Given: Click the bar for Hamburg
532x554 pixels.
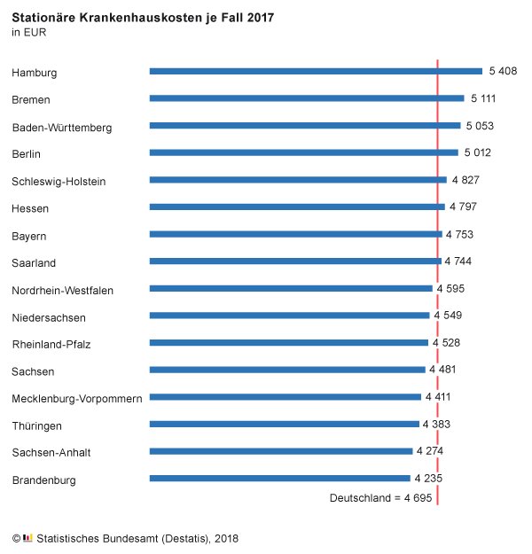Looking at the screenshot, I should coord(316,71).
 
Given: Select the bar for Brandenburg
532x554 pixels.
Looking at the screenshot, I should coord(280,479).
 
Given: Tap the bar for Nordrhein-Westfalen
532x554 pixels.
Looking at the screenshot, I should coord(291,288).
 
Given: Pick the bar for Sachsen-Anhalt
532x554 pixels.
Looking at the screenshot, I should coord(281,451).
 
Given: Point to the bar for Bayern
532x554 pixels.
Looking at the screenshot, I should coord(295,234).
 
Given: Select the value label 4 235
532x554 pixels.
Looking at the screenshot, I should coord(428,479).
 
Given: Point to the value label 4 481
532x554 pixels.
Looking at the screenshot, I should coord(443,370).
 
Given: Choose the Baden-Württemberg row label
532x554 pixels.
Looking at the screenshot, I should coord(62,128).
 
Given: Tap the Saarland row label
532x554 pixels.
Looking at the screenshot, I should coord(34,263).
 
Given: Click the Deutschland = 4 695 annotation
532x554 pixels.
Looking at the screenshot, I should coord(380,499).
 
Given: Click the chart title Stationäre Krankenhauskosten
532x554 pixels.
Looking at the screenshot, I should coord(143,17).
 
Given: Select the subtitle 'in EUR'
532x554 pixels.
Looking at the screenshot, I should coord(29,33).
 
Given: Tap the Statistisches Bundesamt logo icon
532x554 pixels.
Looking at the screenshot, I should coord(27,537).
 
